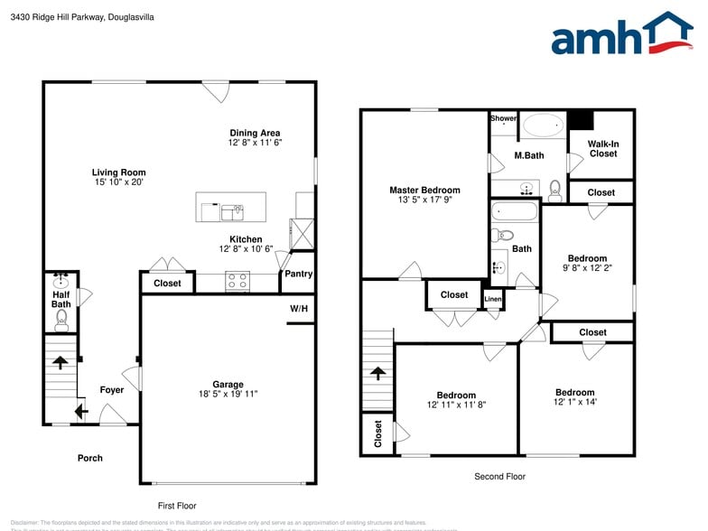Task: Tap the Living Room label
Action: point(118,172)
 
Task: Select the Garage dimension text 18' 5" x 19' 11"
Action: point(228,394)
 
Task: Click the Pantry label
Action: point(298,274)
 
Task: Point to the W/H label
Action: point(299,309)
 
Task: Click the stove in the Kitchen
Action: point(237,282)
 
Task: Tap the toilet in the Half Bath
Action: point(61,319)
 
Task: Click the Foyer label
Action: point(112,390)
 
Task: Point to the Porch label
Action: point(90,458)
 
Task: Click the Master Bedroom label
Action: point(424,190)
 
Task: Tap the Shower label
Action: point(503,118)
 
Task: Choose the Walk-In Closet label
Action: point(602,148)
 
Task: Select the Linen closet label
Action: point(492,299)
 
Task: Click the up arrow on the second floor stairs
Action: point(378,373)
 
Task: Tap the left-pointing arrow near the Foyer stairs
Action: point(79,413)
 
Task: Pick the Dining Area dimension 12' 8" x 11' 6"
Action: point(256,143)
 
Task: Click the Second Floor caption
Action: point(499,476)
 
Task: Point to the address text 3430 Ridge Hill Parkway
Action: point(56,16)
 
